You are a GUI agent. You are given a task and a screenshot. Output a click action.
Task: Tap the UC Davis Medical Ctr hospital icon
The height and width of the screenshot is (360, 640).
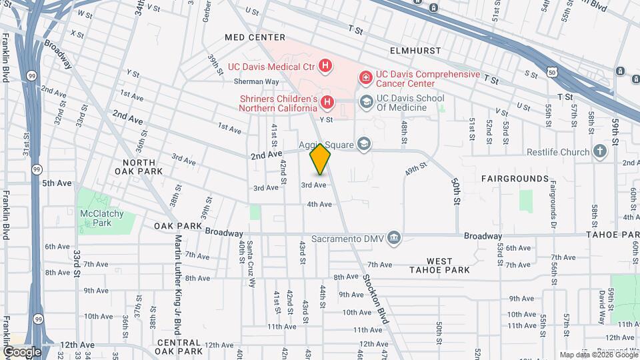tap(325, 65)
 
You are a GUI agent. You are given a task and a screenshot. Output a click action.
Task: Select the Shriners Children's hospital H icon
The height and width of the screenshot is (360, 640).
tap(327, 103)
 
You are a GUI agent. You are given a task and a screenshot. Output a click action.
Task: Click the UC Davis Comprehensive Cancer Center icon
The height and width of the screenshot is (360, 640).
tap(365, 79)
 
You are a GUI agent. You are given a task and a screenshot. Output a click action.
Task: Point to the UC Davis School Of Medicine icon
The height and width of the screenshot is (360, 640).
tap(365, 102)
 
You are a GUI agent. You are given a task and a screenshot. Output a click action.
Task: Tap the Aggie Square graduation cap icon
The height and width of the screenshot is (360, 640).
tap(364, 144)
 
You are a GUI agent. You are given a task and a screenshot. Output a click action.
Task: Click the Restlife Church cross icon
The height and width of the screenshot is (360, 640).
tap(600, 151)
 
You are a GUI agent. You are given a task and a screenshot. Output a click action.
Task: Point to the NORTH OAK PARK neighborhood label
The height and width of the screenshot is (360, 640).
tap(139, 167)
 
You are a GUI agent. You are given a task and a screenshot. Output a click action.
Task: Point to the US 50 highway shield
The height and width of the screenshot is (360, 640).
tap(551, 71)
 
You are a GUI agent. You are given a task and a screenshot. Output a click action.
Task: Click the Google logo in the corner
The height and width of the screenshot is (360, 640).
tap(22, 351)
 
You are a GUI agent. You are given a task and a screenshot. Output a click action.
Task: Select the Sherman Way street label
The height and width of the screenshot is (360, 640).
tap(256, 81)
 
